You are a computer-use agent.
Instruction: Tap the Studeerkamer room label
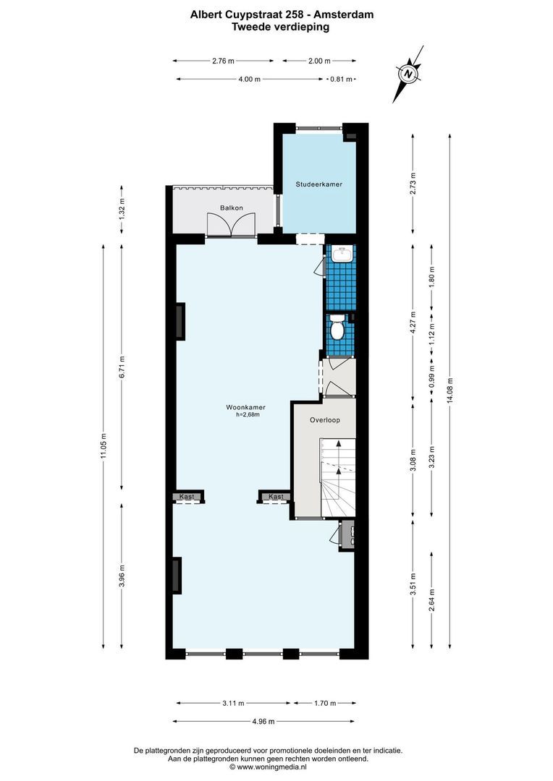[318, 184]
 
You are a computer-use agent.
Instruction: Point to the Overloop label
[325, 419]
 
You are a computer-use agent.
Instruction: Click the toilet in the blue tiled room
[337, 329]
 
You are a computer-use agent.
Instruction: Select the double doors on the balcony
[229, 226]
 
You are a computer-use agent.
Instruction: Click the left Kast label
[187, 497]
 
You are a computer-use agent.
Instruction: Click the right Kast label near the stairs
[276, 497]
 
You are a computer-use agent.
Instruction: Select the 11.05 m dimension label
[104, 445]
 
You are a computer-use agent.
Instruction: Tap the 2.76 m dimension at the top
[223, 61]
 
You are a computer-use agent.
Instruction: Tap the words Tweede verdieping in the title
[280, 27]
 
